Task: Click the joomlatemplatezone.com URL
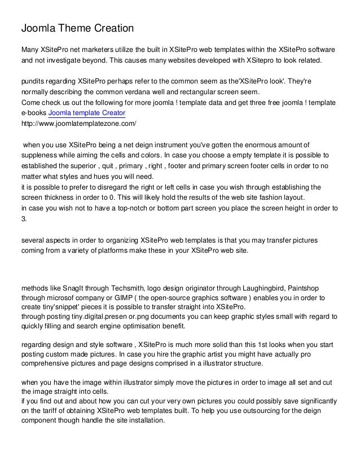[x=78, y=122]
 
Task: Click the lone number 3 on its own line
[x=23, y=218]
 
